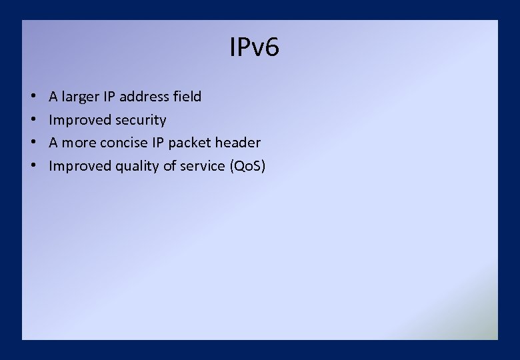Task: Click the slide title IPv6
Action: [254, 48]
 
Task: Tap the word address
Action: [145, 97]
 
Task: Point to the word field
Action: [187, 97]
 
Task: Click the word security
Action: [141, 121]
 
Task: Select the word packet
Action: [189, 143]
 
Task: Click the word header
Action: [237, 143]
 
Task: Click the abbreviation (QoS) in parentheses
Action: [247, 166]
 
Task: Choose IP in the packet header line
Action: [157, 143]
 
